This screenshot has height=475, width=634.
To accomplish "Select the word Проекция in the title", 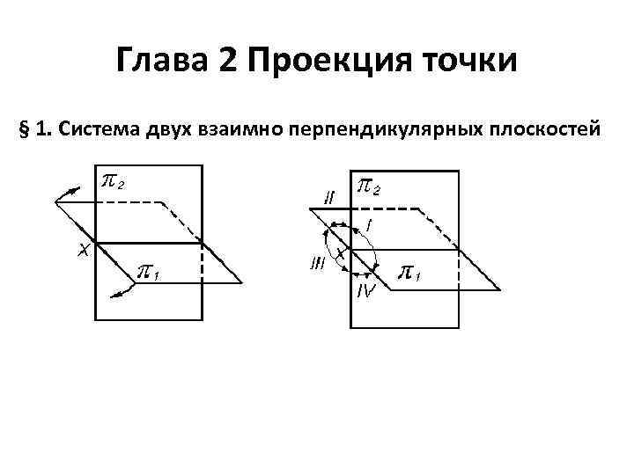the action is pos(334,62).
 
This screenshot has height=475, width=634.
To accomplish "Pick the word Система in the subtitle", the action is pos(97,130).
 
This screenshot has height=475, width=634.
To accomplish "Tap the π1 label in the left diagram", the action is pos(146,274).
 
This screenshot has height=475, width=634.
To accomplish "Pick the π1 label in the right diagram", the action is pos(411,274).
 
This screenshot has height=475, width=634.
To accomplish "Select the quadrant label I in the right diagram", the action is pos(368,226).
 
